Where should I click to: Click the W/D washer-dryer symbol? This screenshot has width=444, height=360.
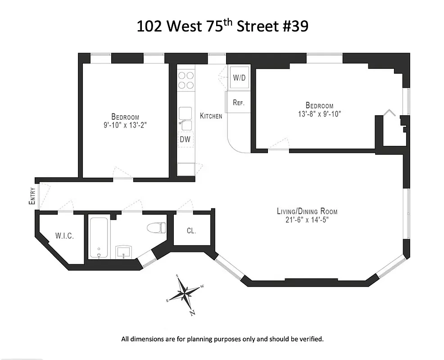click(239, 77)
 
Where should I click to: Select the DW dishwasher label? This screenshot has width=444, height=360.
click(185, 139)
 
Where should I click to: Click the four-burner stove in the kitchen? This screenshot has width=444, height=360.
click(186, 80)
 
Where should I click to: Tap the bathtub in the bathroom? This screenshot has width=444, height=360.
click(98, 238)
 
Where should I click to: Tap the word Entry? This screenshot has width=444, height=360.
click(32, 196)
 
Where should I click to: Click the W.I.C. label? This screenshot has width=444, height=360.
click(64, 236)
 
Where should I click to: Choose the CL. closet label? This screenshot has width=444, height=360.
click(191, 231)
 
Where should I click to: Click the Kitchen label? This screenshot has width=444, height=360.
click(211, 116)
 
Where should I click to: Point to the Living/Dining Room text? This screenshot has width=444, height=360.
click(307, 211)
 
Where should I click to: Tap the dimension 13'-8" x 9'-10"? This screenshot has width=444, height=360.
click(316, 114)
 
